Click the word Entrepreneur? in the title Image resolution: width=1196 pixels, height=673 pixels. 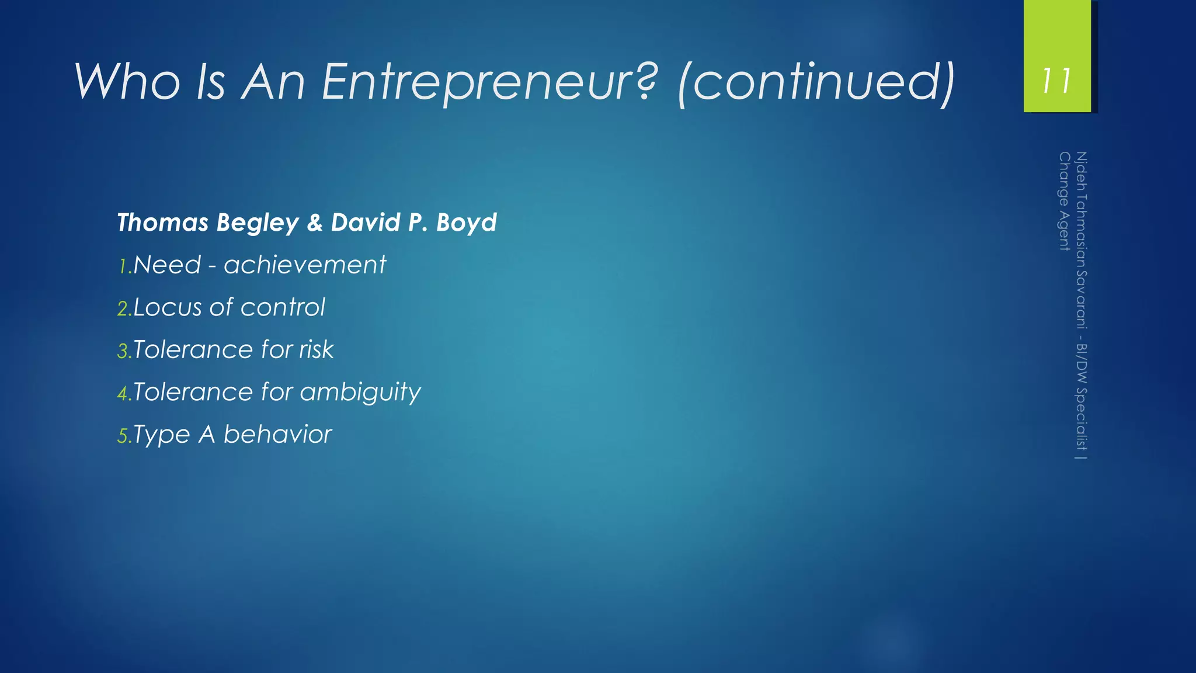[x=489, y=82]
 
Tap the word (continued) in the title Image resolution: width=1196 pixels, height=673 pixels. [x=816, y=82]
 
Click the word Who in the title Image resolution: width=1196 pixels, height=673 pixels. [x=127, y=82]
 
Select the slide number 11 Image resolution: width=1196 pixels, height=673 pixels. [x=1057, y=81]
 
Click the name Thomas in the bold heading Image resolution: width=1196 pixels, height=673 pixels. [x=163, y=223]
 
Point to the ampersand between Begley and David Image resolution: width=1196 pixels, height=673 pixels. [x=315, y=223]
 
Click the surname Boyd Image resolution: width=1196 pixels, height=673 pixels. [x=466, y=223]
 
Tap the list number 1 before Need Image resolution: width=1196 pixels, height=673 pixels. [x=123, y=267]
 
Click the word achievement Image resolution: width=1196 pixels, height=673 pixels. [x=305, y=265]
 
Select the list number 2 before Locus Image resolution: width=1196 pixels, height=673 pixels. [x=123, y=309]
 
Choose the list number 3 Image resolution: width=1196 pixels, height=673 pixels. [x=123, y=352]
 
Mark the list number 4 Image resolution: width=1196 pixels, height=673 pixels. [x=123, y=394]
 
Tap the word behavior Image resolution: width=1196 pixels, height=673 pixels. [x=277, y=434]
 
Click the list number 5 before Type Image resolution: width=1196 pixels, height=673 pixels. [x=123, y=436]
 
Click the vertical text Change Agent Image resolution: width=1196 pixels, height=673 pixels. [x=1064, y=201]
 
